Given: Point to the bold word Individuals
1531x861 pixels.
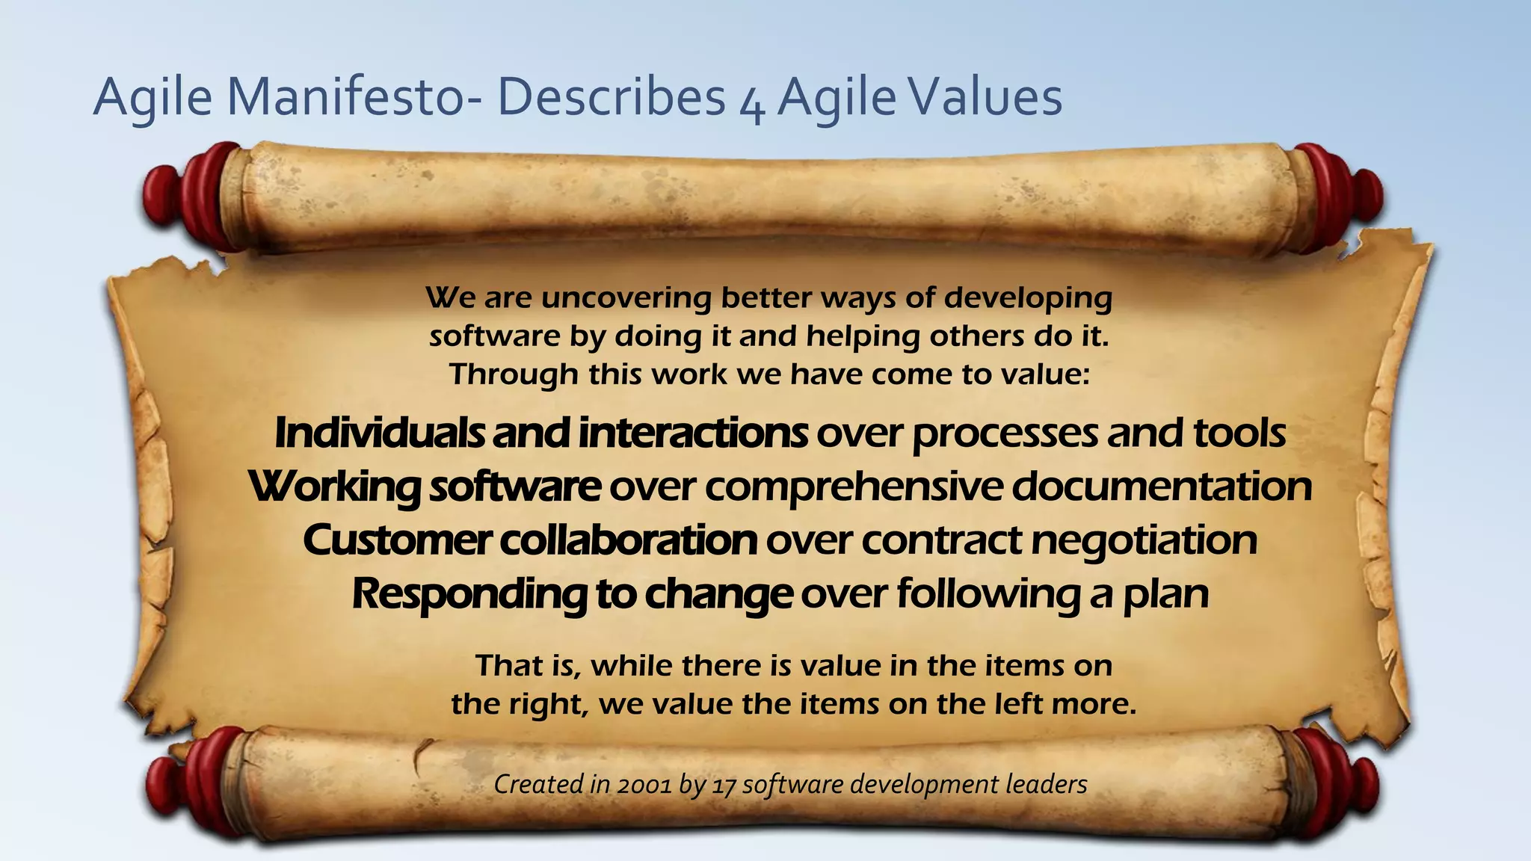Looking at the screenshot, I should pos(379,433).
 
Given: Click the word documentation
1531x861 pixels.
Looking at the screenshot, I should pos(1162,487).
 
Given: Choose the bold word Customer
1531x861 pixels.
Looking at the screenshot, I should pos(397,540).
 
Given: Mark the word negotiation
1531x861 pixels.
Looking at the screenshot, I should pos(1144,540).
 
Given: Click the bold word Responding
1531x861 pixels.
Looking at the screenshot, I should pos(469,595).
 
